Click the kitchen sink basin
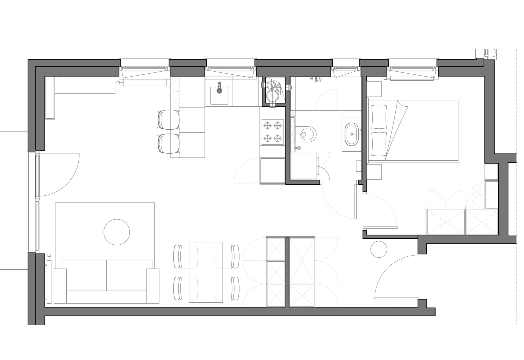pos(219,95)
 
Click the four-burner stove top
pos(273,132)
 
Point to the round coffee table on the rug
pos(117,232)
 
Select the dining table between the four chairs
pos(206,272)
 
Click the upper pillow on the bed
pos(378,117)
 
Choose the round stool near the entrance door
pos(379,249)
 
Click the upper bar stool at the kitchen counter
pos(168,119)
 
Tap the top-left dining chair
pos(181,256)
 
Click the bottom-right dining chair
pos(227,289)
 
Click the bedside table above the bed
pos(374,88)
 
